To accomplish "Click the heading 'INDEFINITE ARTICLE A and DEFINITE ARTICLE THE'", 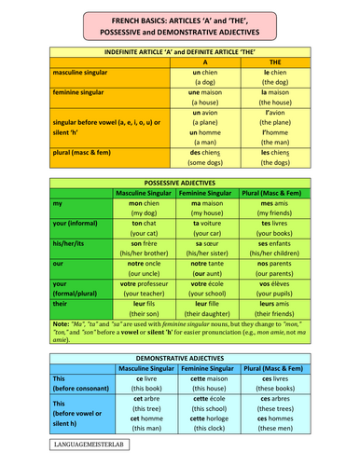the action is [x=180, y=52].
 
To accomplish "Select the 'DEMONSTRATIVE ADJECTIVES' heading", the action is [x=180, y=356].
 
